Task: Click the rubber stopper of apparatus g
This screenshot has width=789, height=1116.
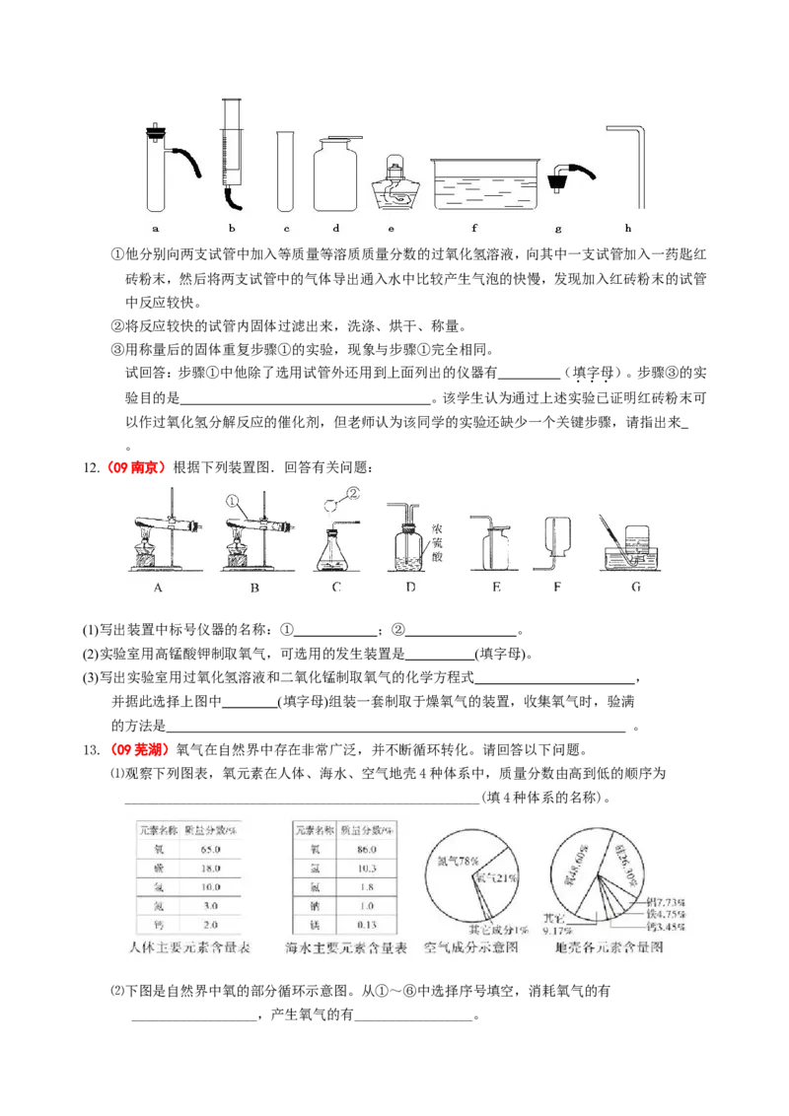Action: [559, 174]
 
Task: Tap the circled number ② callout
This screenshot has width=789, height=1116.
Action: [352, 493]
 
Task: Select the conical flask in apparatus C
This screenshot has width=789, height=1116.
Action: [335, 552]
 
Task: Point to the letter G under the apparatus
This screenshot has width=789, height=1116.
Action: [635, 588]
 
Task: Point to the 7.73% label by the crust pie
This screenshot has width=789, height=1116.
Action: [681, 903]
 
